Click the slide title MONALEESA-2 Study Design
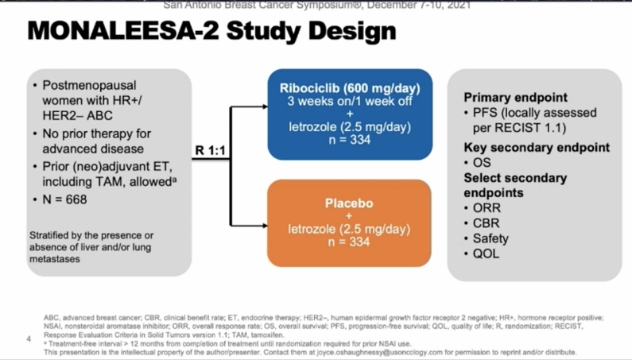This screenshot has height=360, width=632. pos(211,31)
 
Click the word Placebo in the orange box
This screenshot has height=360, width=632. pos(349,203)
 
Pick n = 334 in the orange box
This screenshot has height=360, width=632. pos(349,242)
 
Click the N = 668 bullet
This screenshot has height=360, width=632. pos(64,199)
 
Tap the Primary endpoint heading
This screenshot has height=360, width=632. pos(515,97)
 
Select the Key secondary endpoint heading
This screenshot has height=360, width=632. pos(537,148)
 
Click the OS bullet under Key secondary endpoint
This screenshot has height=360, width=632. pos(482,163)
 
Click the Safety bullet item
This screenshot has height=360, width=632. pos(490,238)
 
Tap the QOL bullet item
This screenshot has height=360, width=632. pos(486,254)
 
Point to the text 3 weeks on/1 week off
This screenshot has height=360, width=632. pos(349,101)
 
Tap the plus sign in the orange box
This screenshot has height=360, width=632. pos(349,215)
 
